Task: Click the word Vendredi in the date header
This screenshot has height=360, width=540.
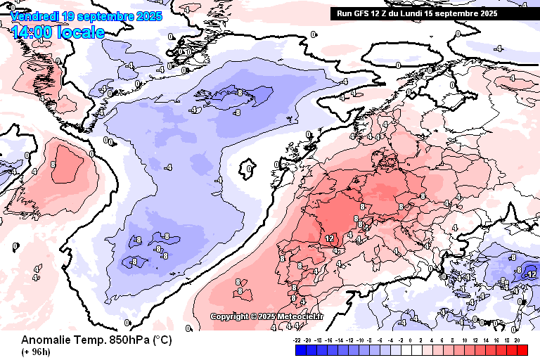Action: click(x=34, y=15)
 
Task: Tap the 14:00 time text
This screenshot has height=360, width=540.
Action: click(x=34, y=32)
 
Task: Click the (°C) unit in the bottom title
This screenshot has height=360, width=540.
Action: click(x=158, y=340)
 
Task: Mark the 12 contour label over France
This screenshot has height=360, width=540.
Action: click(x=330, y=239)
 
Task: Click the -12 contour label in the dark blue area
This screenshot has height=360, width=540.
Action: click(x=532, y=274)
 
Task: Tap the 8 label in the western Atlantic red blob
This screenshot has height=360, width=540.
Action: click(x=53, y=165)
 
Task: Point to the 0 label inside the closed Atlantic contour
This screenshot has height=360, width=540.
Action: click(x=250, y=169)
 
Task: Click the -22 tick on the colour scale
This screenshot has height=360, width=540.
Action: click(x=297, y=340)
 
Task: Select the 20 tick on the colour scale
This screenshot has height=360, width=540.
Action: click(x=517, y=340)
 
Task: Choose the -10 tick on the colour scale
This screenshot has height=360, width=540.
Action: click(x=361, y=340)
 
